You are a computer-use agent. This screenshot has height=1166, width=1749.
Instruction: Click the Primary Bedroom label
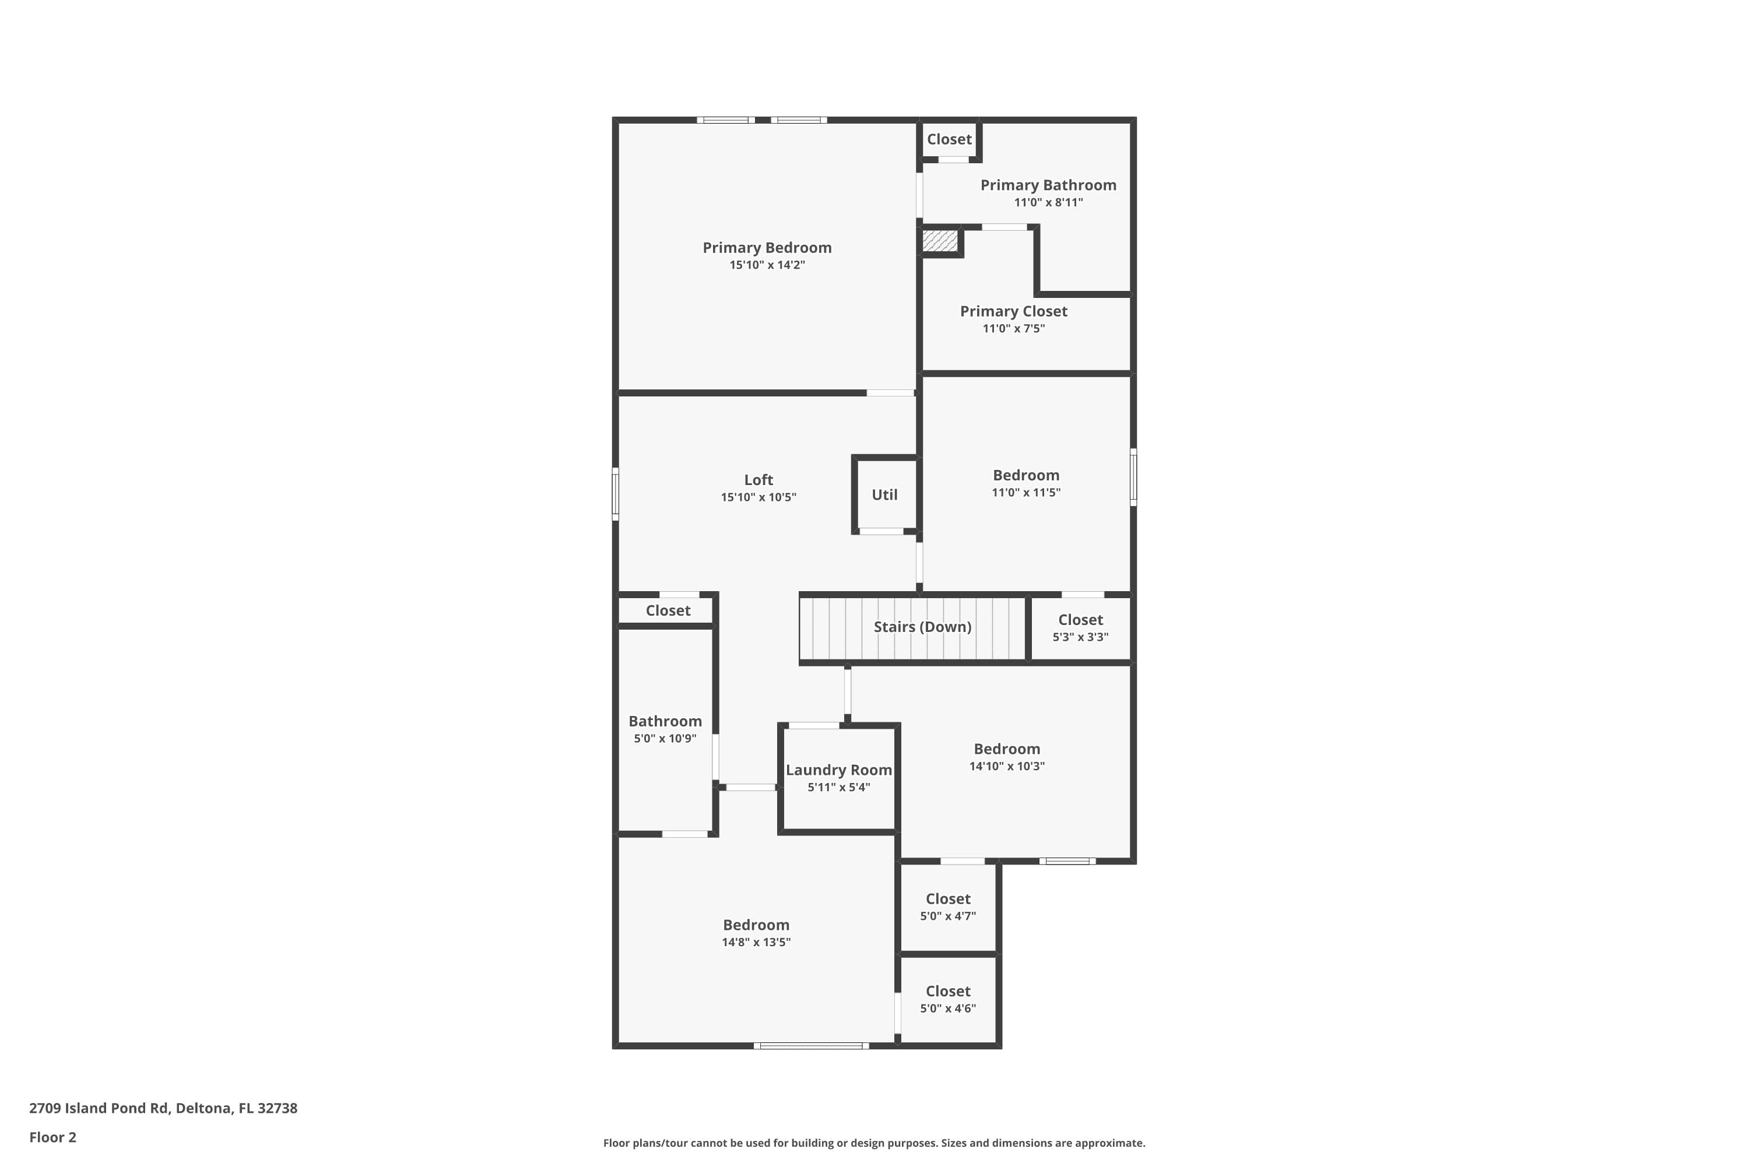(767, 248)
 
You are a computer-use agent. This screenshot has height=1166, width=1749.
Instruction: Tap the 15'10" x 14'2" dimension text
(767, 265)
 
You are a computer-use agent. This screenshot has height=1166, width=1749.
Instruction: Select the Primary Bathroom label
(1048, 185)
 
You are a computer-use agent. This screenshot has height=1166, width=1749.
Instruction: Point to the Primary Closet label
(1014, 311)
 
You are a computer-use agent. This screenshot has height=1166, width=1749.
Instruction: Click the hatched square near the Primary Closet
(939, 240)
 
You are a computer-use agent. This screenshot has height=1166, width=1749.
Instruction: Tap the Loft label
(758, 480)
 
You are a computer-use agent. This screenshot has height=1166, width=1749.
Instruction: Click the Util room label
(884, 494)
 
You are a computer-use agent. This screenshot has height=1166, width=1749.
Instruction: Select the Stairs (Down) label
(922, 627)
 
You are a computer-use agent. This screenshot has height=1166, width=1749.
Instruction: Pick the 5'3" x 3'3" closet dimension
(1080, 637)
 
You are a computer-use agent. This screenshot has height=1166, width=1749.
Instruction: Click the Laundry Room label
(839, 770)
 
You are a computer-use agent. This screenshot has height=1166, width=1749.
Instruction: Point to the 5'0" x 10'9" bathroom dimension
(665, 739)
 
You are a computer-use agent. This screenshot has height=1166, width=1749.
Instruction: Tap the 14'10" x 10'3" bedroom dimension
(1007, 766)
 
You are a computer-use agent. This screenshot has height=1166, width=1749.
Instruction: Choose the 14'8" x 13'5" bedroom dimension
(756, 942)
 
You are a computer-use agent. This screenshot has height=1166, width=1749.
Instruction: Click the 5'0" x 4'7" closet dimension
(947, 916)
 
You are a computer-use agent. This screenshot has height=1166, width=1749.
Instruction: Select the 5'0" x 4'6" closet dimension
(947, 1009)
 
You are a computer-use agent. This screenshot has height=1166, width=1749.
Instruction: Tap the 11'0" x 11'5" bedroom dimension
(1025, 492)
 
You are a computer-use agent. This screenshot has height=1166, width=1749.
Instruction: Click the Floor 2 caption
(53, 1137)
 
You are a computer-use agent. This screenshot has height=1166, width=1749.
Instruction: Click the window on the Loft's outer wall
(616, 494)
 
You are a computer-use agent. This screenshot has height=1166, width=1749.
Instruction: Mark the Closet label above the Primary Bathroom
(949, 139)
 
